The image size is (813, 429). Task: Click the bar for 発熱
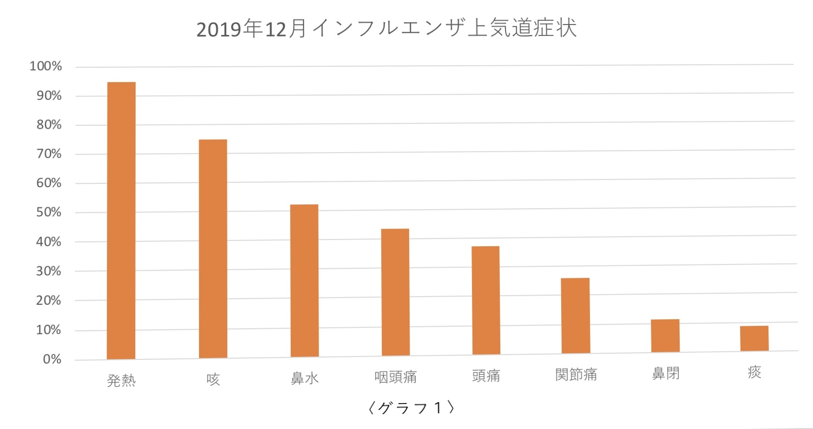tap(121, 221)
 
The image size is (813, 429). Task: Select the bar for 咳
tap(213, 249)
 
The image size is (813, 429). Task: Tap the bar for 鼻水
tap(305, 281)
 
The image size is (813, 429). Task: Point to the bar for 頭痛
tap(486, 300)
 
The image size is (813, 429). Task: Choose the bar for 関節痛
tap(576, 315)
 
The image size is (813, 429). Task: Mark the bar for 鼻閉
tap(665, 335)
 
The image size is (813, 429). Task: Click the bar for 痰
tap(754, 338)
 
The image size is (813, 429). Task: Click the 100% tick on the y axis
tap(46, 66)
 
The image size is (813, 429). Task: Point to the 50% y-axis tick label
tap(49, 212)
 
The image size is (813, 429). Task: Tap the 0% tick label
tap(52, 359)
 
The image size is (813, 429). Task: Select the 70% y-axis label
tap(49, 154)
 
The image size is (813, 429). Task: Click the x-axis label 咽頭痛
tap(395, 377)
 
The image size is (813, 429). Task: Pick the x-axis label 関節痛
tap(576, 374)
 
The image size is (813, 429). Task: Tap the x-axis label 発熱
tap(121, 381)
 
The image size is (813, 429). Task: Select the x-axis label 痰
tap(754, 372)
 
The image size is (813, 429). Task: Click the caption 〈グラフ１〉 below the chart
tap(411, 407)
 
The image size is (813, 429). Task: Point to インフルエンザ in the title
tap(389, 28)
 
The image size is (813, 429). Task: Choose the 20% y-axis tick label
tap(49, 300)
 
